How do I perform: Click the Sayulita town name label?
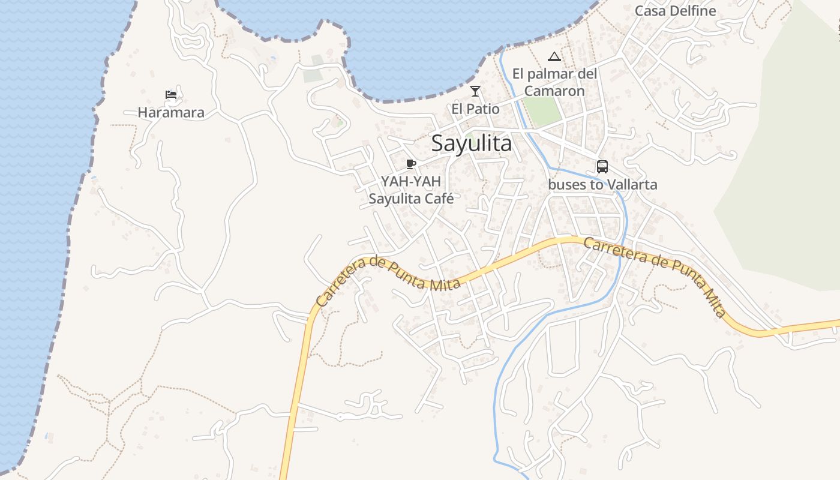click(x=472, y=144)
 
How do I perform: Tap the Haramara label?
click(x=171, y=112)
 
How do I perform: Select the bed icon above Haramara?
click(x=171, y=95)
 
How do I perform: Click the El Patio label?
click(x=475, y=109)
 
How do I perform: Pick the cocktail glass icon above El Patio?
click(x=475, y=91)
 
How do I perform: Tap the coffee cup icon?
click(x=411, y=164)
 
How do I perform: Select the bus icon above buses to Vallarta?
click(x=602, y=167)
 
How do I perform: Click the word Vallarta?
click(x=632, y=184)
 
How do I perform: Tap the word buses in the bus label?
click(x=567, y=184)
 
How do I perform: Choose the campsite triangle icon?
click(x=554, y=57)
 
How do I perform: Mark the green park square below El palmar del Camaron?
click(x=542, y=112)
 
